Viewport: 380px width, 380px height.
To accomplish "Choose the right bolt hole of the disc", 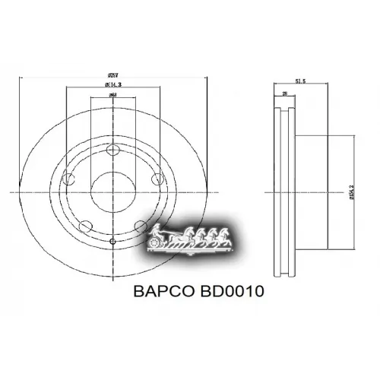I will point(157,180).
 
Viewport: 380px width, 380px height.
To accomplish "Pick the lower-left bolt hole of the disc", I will point(87,225).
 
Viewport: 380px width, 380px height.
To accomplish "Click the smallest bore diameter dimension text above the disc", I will point(112,96).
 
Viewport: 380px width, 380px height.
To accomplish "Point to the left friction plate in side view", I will point(276,192).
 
